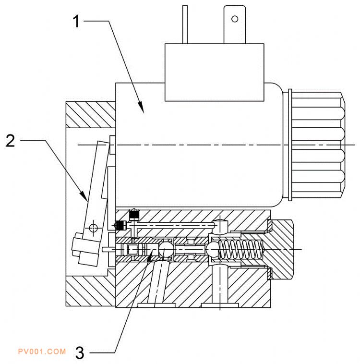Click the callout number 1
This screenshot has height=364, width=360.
[76, 21]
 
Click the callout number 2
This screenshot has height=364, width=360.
[11, 141]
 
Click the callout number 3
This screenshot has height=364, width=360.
[80, 353]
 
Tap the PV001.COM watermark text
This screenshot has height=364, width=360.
[42, 351]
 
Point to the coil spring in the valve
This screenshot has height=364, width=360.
[241, 249]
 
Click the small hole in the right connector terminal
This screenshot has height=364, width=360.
[235, 19]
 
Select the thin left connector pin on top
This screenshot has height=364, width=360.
[185, 24]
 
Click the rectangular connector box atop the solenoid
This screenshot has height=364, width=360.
[214, 72]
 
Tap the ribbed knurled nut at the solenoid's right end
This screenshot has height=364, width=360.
[317, 145]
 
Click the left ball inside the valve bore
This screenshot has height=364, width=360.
[165, 249]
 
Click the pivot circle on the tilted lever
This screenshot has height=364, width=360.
[93, 228]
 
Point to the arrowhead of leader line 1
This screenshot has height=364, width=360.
[141, 108]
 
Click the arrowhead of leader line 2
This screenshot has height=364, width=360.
[84, 196]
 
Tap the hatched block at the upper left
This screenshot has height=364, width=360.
[91, 115]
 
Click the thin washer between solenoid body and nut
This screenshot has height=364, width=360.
[289, 145]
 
